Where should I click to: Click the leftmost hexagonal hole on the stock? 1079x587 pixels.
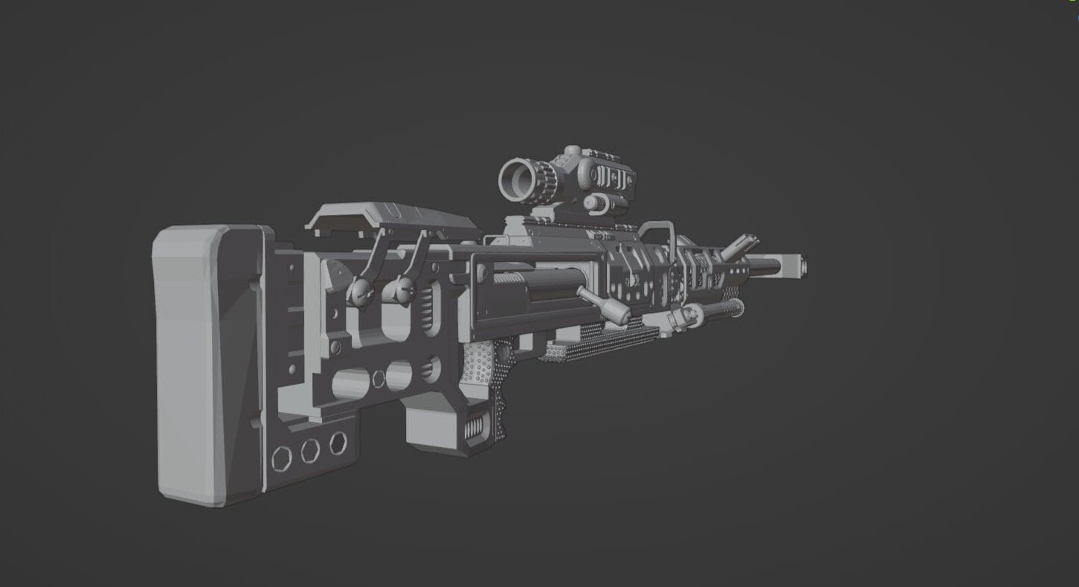click(282, 457)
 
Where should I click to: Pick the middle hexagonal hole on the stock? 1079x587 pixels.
click(311, 450)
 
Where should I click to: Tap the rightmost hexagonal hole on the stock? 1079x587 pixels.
click(338, 442)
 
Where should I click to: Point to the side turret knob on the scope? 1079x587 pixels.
click(595, 202)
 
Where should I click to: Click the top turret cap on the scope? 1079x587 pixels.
click(572, 153)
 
